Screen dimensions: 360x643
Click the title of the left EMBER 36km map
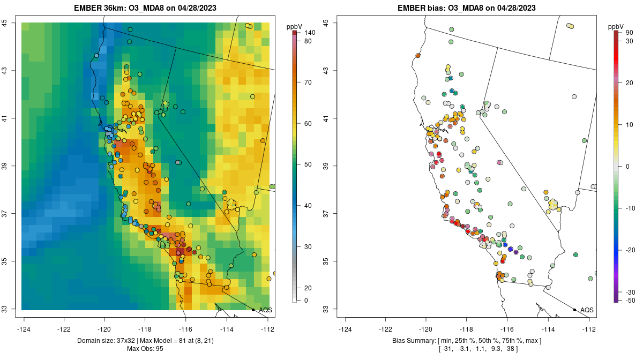tap(148, 8)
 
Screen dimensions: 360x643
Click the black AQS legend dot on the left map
tap(253, 310)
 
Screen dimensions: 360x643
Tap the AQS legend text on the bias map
tap(587, 310)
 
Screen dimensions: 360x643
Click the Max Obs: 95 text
tap(148, 349)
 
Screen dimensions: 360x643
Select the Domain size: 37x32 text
tap(108, 341)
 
